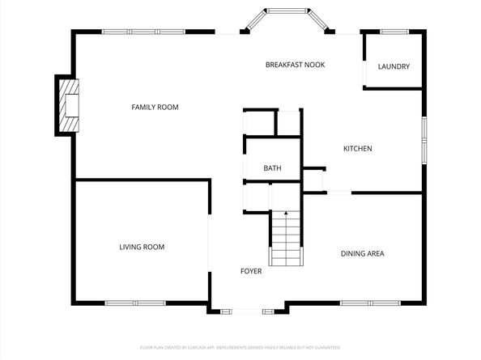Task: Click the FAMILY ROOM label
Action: point(155,107)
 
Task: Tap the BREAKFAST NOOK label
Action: point(295,64)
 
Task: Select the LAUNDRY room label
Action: point(394,66)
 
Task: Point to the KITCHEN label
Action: point(357,148)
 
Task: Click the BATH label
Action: point(272,168)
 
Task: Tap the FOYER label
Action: point(251,271)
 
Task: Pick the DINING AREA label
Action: point(361,253)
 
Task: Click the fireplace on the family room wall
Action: point(67,104)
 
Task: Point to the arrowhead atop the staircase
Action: point(286,213)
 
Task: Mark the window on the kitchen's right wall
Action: point(423,142)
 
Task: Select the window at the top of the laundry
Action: point(394,32)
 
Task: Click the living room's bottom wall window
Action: point(135,303)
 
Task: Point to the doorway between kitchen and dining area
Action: point(338,193)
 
